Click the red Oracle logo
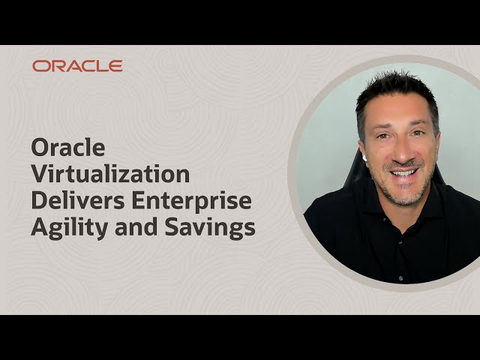pyautogui.click(x=77, y=66)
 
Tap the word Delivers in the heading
pyautogui.click(x=71, y=202)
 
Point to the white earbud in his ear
pyautogui.click(x=364, y=157)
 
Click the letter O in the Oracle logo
pyautogui.click(x=40, y=66)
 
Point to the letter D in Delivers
pyautogui.click(x=39, y=202)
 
